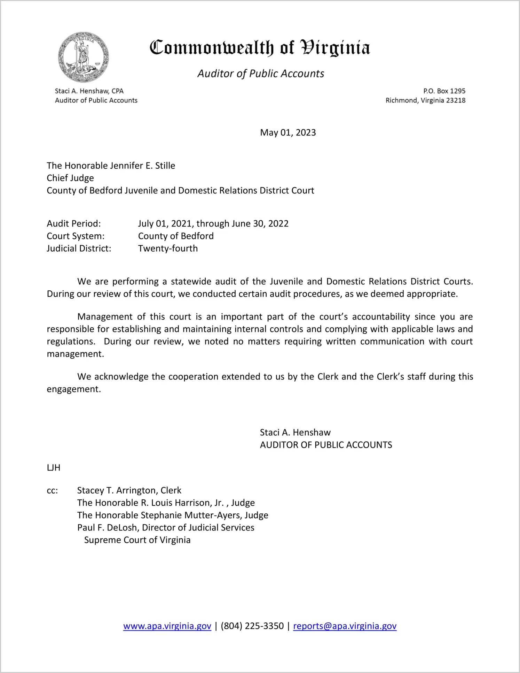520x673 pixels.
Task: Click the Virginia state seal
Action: [x=84, y=57]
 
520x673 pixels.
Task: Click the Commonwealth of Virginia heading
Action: [x=260, y=48]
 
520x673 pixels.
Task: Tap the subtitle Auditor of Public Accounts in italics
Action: [x=261, y=74]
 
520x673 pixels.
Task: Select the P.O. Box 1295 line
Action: [x=444, y=91]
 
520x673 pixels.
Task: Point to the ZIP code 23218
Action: [x=456, y=100]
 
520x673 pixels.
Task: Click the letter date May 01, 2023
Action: [x=288, y=132]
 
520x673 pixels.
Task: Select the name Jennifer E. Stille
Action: [x=142, y=166]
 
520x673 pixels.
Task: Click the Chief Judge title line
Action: [x=70, y=178]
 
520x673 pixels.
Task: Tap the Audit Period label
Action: [x=74, y=223]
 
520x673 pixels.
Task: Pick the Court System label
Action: [x=76, y=236]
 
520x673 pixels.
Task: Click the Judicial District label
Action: [x=79, y=248]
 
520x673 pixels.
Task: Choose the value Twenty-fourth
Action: [x=168, y=248]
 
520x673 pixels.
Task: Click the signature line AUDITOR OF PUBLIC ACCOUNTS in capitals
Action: [x=326, y=445]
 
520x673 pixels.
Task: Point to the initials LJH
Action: [x=54, y=468]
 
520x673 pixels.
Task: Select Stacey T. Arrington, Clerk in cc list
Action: [x=129, y=490]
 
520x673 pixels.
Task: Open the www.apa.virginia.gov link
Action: [x=167, y=626]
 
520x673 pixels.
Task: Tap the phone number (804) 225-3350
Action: [x=252, y=626]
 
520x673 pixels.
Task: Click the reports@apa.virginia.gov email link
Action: [x=345, y=626]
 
